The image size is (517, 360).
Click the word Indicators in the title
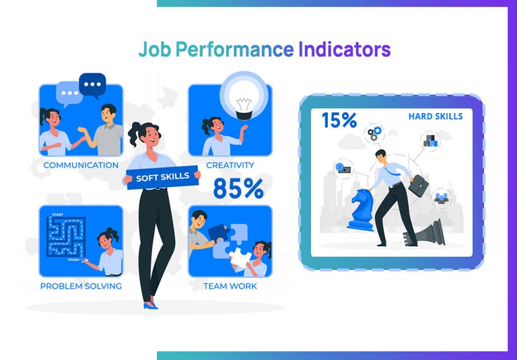(344, 50)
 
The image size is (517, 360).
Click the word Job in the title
(153, 50)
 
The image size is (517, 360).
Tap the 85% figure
(238, 188)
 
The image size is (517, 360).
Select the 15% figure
(339, 120)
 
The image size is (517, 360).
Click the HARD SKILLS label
(435, 116)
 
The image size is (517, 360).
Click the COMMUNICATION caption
(81, 165)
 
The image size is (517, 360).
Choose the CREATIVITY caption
(230, 165)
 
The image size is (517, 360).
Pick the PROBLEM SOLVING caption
(81, 286)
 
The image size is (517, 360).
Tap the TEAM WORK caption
(230, 286)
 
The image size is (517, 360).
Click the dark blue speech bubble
(92, 85)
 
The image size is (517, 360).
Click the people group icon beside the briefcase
(442, 199)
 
